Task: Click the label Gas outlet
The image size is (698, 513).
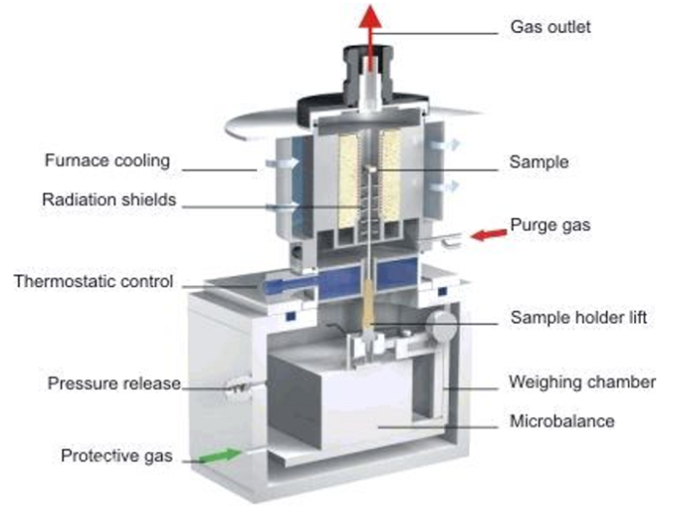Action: pos(550,26)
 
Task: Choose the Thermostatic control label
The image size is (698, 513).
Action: pos(93,282)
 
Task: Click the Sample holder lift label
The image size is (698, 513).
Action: pos(580,317)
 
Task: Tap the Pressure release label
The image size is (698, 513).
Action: pos(113,384)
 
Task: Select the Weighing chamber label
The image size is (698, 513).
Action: pos(582,382)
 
